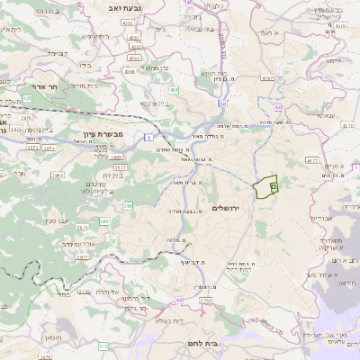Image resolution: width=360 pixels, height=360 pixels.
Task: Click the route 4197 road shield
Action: pos(267,78)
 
